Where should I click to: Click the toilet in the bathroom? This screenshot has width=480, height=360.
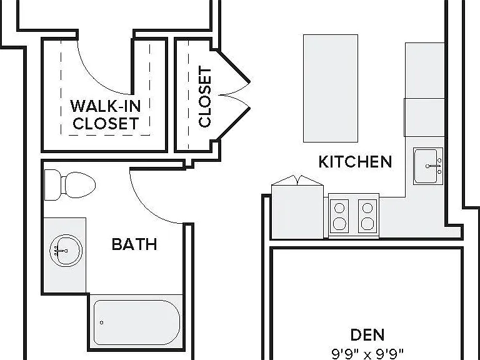click(70, 185)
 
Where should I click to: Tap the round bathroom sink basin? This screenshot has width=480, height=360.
click(66, 251)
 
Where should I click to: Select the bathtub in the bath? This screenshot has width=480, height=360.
click(136, 322)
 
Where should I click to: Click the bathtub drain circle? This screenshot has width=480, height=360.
click(101, 322)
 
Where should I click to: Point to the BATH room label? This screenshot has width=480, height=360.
click(134, 244)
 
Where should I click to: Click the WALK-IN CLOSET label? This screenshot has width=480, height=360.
click(106, 114)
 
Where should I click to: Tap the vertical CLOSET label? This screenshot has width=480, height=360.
click(205, 96)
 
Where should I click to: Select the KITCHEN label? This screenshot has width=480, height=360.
click(355, 162)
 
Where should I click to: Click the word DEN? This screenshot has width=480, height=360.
click(367, 334)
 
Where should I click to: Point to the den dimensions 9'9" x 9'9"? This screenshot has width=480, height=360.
click(367, 354)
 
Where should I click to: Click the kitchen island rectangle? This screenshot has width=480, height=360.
click(331, 89)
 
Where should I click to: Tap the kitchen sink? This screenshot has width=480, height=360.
click(428, 166)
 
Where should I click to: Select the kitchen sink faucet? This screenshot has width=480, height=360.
click(435, 166)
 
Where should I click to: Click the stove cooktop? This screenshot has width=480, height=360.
click(354, 216)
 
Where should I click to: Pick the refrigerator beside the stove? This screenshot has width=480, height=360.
click(297, 207)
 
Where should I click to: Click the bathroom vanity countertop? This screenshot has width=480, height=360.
click(65, 255)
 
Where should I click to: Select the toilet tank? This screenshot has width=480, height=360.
click(52, 185)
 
